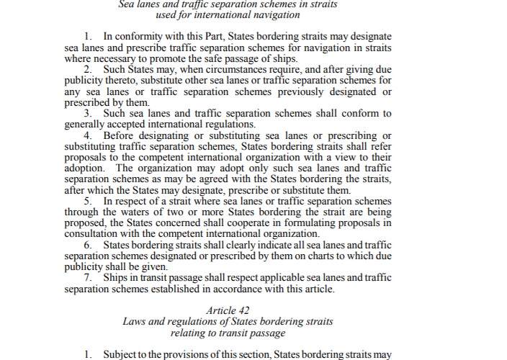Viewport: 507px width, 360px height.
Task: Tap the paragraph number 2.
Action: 86,70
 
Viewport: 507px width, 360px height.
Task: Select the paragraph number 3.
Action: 86,113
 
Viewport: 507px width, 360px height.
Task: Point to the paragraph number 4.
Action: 86,135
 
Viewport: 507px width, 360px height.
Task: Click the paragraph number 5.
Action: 86,200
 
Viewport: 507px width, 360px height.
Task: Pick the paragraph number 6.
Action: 86,245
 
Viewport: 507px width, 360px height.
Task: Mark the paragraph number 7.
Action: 86,278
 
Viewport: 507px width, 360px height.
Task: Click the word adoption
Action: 86,168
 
